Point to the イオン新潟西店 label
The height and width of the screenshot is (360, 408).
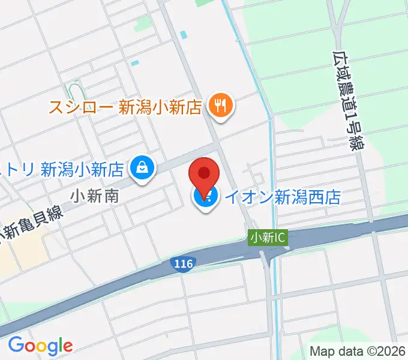tap(283, 196)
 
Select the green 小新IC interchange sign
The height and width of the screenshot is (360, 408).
tap(268, 238)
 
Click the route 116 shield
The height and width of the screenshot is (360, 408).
tap(180, 263)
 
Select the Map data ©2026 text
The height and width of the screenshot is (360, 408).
tap(358, 351)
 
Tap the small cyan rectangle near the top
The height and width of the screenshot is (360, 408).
tap(135, 63)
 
